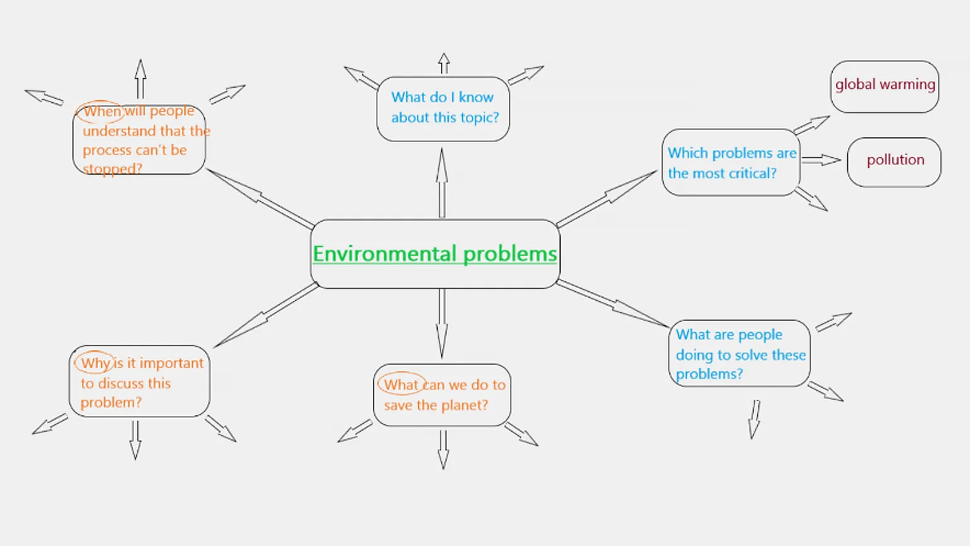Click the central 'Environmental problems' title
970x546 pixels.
pos(435,253)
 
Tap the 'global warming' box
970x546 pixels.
pos(884,85)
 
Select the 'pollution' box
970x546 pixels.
pos(894,161)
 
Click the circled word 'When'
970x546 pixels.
pos(101,112)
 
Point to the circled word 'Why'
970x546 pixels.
pos(95,363)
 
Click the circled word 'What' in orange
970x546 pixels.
pos(401,385)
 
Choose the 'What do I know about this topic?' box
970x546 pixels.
pos(443,108)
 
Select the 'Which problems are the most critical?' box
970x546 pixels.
pos(731,163)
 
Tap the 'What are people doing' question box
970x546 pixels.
pos(739,354)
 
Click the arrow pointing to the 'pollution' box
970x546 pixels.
pos(821,160)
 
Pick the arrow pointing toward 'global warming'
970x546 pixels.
pos(811,124)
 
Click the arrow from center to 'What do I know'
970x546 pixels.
pos(442,183)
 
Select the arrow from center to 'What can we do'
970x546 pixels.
pos(442,323)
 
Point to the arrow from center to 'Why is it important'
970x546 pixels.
pos(266,316)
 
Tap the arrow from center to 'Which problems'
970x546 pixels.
pos(607,198)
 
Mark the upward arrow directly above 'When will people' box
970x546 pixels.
pos(140,79)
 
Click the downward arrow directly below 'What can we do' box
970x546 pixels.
pos(443,450)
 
